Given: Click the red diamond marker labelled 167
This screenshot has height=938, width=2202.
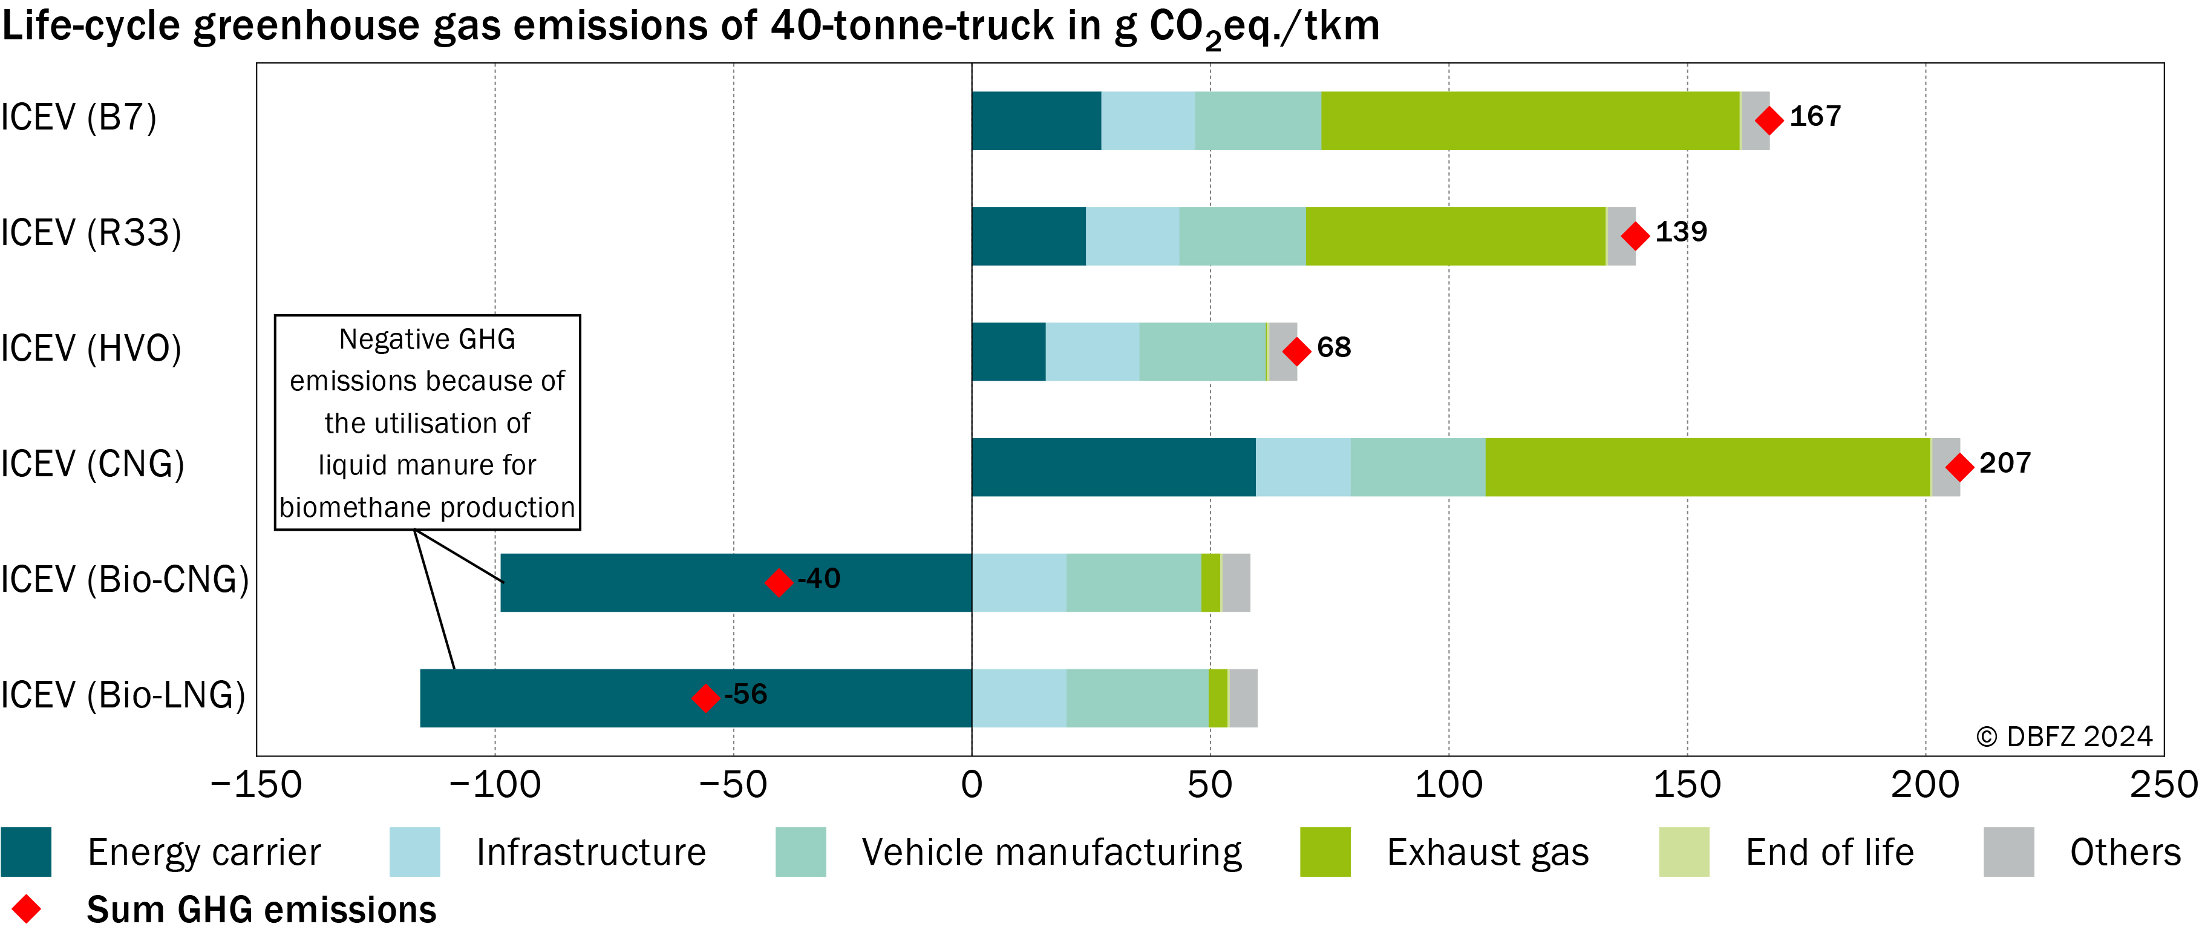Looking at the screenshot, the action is coord(1769,120).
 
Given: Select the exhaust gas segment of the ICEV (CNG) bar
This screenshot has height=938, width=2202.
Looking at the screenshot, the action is coord(1707,467).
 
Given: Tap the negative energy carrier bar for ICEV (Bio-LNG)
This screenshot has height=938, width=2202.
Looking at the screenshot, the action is coord(696,698).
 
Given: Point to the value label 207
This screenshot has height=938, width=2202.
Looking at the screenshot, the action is coord(2005,462).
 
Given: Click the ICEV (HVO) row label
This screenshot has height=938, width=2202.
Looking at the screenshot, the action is coord(91,349).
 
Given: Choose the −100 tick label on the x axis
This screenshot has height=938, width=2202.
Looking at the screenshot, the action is coord(494,784).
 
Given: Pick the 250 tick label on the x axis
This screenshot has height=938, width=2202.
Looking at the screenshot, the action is coord(2163,784).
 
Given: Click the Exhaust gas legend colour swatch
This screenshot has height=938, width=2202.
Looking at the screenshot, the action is coord(1325,851).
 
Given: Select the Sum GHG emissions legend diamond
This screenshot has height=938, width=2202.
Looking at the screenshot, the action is coord(27,909).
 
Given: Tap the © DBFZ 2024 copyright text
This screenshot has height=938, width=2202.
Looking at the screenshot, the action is coord(2063,736).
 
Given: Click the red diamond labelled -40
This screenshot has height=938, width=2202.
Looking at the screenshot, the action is coord(778,582).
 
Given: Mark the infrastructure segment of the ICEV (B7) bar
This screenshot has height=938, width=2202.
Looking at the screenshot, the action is coord(1148,120).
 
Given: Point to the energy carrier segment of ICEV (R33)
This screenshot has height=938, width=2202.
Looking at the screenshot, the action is coord(1029,236).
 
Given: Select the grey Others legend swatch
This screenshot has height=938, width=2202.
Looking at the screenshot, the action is coord(2009,851).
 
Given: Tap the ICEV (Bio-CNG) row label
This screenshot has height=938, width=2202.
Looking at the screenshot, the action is coord(125,580).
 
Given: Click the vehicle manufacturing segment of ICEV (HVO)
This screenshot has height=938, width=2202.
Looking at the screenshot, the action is coord(1202,352).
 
